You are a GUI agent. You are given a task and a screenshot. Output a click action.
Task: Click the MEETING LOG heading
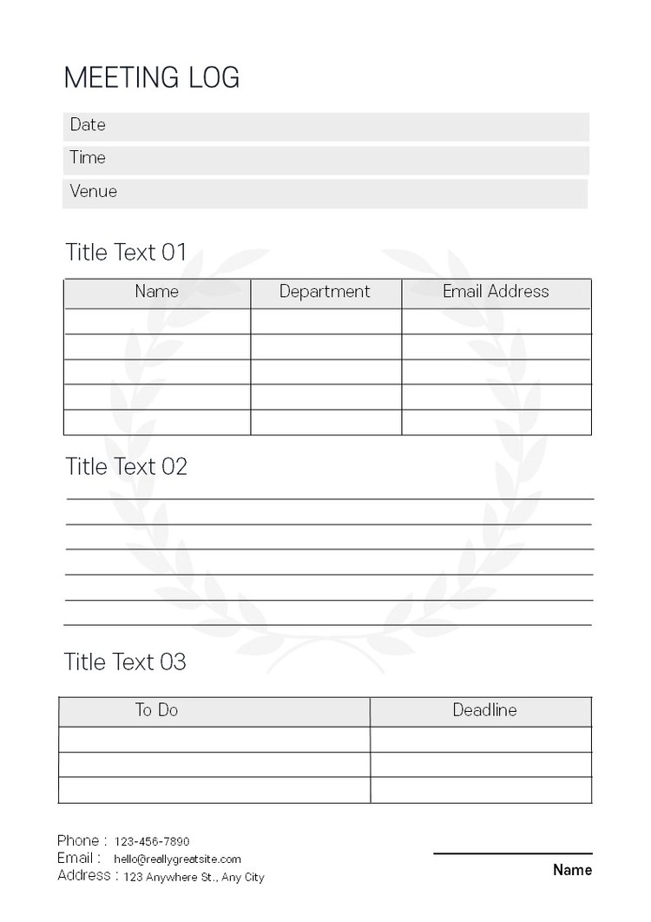tap(152, 78)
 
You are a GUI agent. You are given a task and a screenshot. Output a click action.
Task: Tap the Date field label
tap(88, 125)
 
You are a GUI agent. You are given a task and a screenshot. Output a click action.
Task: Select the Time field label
tap(88, 158)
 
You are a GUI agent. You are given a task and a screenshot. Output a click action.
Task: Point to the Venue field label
tap(93, 191)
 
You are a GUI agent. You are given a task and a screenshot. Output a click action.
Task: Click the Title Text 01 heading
tap(126, 253)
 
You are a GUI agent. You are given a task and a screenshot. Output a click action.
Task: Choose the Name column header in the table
tap(157, 292)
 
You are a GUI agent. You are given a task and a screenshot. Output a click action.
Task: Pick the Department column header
tap(325, 292)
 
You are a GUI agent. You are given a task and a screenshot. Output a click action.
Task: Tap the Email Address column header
tap(496, 292)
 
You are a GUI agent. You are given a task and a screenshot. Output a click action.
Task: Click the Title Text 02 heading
tap(126, 466)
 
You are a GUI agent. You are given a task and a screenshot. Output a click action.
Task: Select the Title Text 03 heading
tap(125, 662)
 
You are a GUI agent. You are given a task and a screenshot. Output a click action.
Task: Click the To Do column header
tap(156, 710)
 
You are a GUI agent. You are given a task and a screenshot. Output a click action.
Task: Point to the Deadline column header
tap(484, 710)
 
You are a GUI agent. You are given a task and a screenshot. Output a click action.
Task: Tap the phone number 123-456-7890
tap(152, 841)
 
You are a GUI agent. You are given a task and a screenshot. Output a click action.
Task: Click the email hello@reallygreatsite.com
tap(177, 859)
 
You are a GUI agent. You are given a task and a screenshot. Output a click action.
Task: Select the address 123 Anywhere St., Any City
tap(194, 877)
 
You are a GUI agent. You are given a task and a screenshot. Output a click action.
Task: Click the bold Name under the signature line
tap(572, 870)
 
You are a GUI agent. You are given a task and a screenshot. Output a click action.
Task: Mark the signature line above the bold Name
tap(512, 853)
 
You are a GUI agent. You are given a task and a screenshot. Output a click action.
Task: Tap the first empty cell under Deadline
tap(481, 740)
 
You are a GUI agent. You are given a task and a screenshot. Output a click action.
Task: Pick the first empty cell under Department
tap(325, 321)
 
